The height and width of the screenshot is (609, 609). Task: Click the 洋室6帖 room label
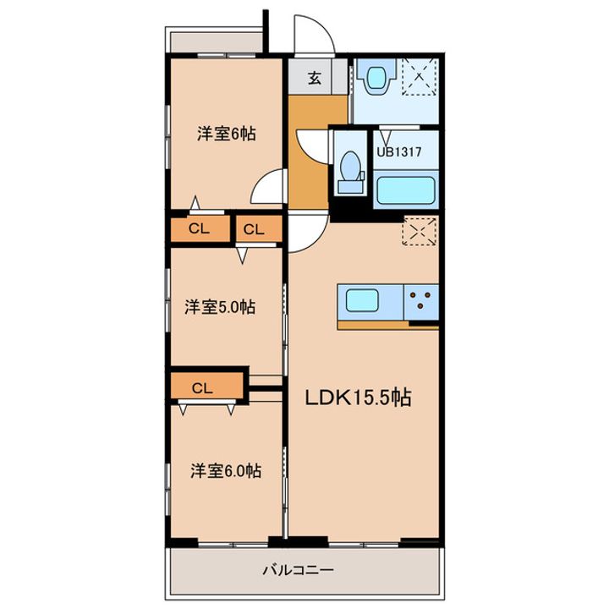(227, 134)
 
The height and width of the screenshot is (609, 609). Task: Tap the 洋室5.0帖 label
(220, 307)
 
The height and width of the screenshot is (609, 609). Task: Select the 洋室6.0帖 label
(226, 471)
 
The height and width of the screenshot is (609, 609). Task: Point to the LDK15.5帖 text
(358, 398)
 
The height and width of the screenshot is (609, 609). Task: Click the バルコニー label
(299, 570)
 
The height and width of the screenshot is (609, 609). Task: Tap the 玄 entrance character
(315, 79)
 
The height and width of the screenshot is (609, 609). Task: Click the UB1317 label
(399, 152)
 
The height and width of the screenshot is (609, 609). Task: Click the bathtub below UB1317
(405, 190)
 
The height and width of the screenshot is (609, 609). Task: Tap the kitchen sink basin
(362, 300)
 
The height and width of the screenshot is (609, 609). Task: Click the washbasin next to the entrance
(376, 77)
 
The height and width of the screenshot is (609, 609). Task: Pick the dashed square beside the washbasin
(419, 76)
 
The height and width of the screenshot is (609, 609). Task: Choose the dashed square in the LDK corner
(420, 232)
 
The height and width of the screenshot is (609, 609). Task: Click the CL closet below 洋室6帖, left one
(200, 228)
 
